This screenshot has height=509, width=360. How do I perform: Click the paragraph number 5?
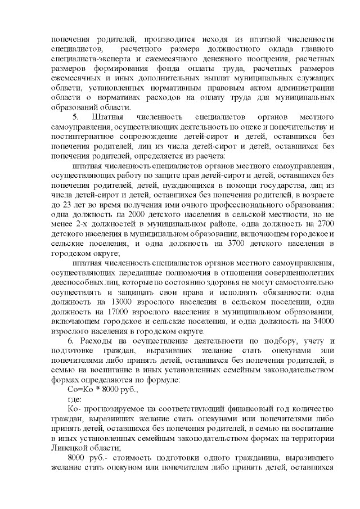click(x=76, y=116)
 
